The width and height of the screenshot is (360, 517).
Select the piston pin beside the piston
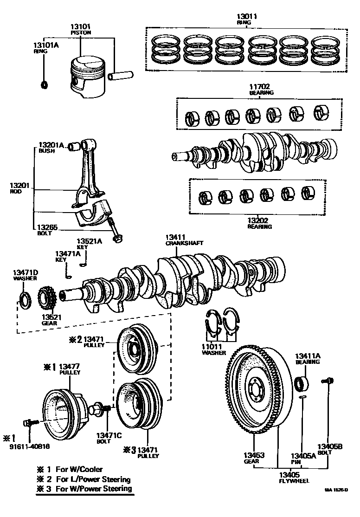tap(121, 75)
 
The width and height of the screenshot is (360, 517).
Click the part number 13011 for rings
tap(247, 16)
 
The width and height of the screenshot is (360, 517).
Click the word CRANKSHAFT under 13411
tap(184, 243)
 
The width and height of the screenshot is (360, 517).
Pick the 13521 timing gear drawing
tap(47, 297)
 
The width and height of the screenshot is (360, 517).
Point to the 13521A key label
tap(89, 241)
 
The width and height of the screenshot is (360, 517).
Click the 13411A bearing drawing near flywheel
tap(302, 383)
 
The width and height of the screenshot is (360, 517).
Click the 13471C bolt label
tap(109, 435)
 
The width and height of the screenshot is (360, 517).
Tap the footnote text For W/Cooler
tap(79, 469)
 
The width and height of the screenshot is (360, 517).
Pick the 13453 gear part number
tap(254, 455)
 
